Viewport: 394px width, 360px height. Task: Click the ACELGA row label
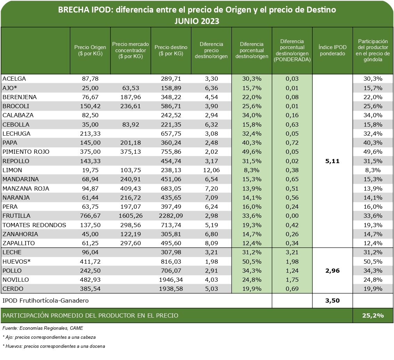click(x=14, y=79)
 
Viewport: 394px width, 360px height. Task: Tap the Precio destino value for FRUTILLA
click(x=171, y=216)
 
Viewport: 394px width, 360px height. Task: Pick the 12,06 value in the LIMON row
click(x=211, y=170)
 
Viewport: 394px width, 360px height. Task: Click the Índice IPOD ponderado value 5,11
click(x=333, y=161)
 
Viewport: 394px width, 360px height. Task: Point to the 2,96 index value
click(x=333, y=271)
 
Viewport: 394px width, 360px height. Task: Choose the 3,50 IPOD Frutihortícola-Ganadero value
click(x=333, y=300)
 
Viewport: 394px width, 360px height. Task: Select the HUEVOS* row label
click(x=17, y=261)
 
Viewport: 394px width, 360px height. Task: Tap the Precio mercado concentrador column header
click(x=131, y=50)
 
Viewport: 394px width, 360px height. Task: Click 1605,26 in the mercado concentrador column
click(x=131, y=216)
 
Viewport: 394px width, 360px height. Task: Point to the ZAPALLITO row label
click(x=18, y=243)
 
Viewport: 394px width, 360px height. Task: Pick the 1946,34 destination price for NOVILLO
click(x=171, y=280)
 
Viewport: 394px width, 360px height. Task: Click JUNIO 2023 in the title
click(x=197, y=21)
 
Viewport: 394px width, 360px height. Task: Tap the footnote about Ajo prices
click(x=49, y=337)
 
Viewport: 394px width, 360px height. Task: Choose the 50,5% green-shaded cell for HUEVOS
click(x=252, y=261)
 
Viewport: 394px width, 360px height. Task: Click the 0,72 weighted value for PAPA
click(x=292, y=143)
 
